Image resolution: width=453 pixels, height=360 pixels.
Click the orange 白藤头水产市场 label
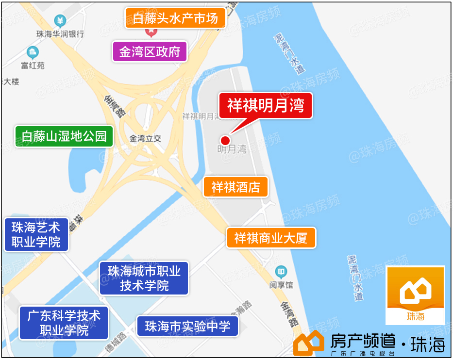point(175,18)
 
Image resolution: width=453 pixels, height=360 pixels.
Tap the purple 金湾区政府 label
point(150,52)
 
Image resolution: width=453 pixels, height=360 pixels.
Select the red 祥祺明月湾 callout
point(265,105)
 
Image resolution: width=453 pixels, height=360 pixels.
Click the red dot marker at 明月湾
point(225,140)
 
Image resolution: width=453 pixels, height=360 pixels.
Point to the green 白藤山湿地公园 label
point(64,136)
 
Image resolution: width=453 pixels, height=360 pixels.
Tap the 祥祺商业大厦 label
point(270,238)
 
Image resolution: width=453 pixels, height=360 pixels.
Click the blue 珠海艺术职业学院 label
point(36,234)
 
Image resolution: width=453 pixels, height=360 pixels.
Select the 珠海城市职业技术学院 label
point(144,278)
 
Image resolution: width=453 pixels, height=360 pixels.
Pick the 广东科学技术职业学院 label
point(64,323)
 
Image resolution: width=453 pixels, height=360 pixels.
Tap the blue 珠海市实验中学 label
point(187,326)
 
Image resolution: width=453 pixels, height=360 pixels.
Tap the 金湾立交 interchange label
point(145,139)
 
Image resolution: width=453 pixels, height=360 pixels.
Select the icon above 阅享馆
point(281,272)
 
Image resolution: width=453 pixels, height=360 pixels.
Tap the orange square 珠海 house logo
point(415,295)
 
